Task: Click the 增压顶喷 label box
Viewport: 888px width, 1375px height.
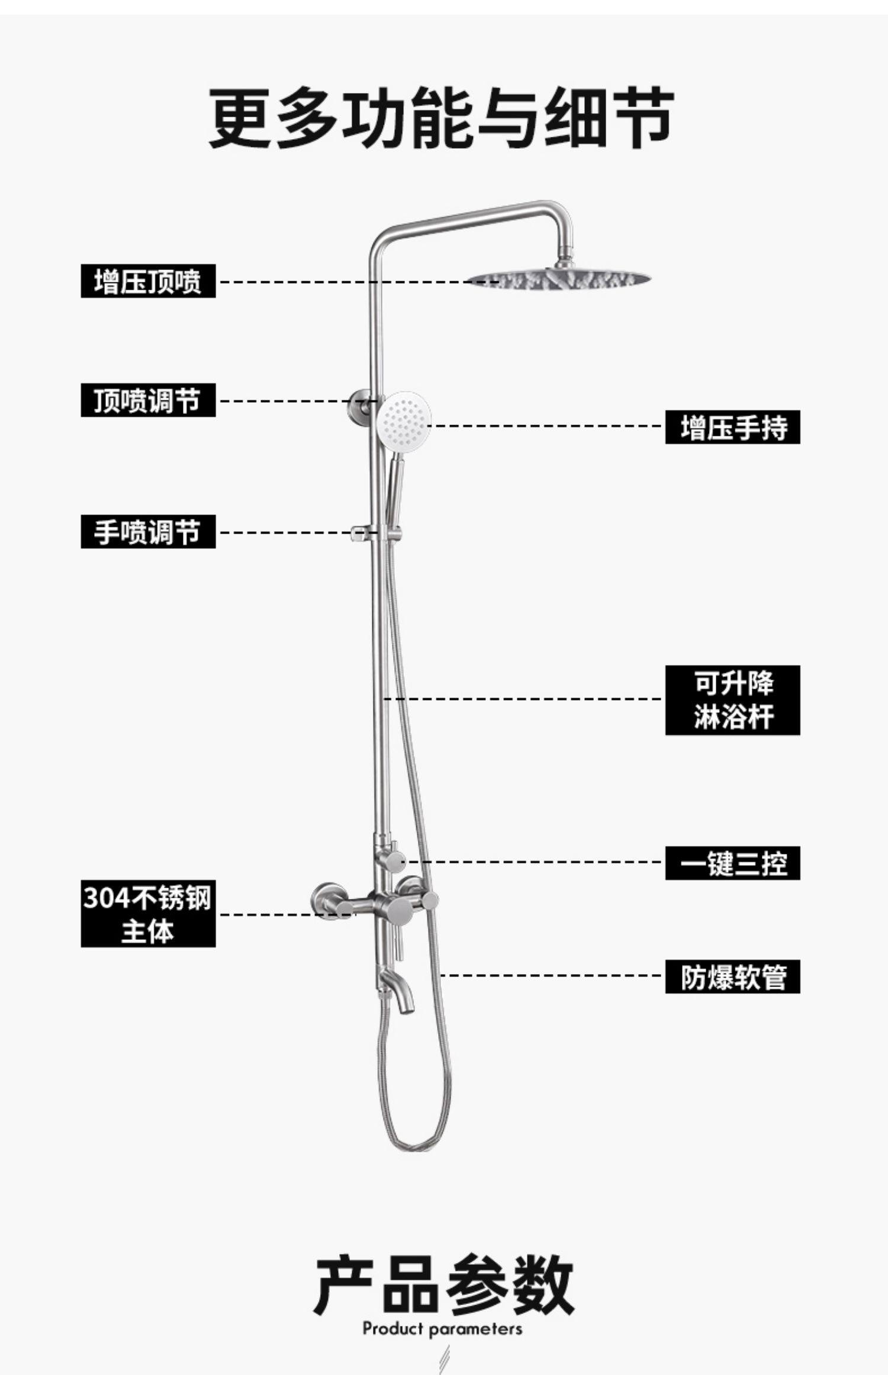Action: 148,281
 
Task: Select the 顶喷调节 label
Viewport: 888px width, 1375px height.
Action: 148,400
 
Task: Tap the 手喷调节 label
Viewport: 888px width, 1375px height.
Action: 148,532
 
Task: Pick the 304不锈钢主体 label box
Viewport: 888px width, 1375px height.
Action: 148,914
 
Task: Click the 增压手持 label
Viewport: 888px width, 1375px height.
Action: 732,427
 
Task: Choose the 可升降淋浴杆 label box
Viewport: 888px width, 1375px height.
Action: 732,700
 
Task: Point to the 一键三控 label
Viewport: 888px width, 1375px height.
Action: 732,863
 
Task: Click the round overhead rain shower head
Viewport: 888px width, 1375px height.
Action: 559,278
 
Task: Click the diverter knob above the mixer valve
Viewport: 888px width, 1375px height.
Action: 394,860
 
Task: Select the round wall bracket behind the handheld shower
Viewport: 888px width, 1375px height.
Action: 359,406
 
